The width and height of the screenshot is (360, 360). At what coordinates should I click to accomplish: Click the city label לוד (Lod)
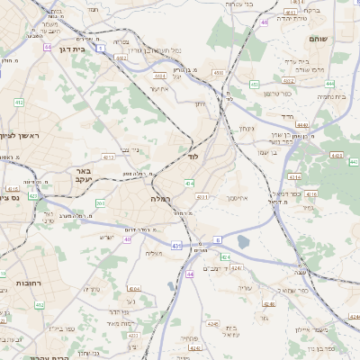tap(193, 156)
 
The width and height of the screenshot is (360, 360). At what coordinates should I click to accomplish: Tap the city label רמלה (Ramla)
tap(161, 196)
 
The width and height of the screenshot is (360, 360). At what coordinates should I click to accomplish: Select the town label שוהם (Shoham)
tap(319, 40)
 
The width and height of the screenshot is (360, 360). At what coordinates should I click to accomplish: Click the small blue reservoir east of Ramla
tap(244, 240)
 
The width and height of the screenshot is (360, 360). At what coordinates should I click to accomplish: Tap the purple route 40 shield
tap(128, 239)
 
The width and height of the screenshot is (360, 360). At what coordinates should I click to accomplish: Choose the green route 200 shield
tap(99, 203)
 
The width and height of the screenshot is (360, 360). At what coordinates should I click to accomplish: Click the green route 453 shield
tap(255, 84)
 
